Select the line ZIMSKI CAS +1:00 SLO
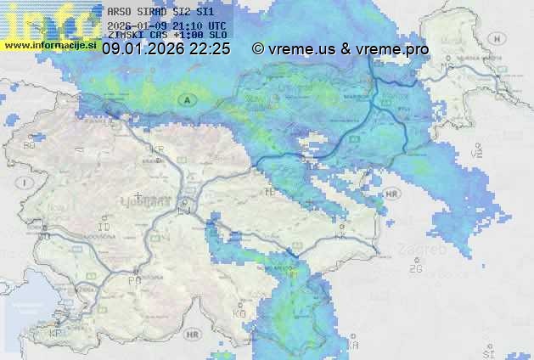click(167, 35)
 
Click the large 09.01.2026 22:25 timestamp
click(166, 49)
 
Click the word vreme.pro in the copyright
click(393, 49)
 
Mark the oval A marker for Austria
click(185, 99)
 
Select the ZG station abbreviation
click(415, 268)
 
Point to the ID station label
click(104, 228)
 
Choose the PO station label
click(134, 279)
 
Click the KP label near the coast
click(56, 333)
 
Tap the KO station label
click(239, 313)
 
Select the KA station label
click(354, 344)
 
